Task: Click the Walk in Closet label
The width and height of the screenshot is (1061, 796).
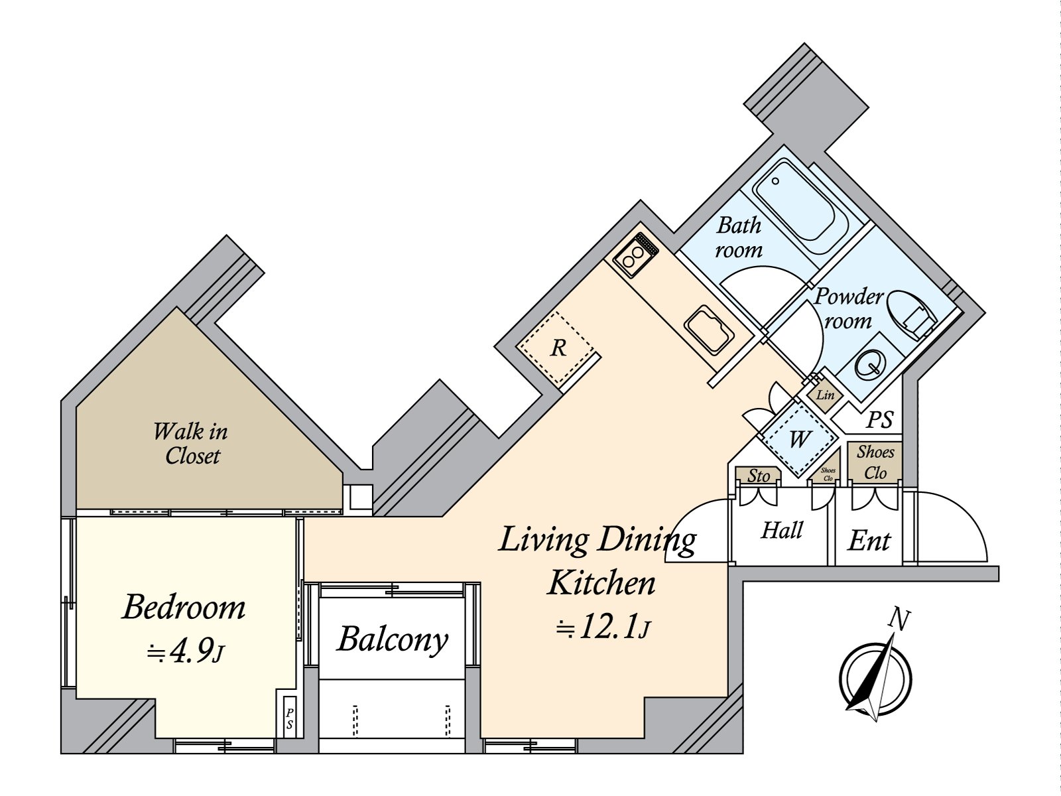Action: point(190,443)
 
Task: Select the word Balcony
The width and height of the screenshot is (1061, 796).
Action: point(393,640)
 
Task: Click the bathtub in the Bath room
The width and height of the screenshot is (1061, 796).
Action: point(800,206)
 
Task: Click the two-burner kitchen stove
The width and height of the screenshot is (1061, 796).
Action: point(636,254)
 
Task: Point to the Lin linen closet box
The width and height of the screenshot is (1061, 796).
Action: point(825,395)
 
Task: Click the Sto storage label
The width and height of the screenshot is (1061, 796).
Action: point(758,476)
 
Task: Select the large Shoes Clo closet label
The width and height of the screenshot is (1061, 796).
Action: point(875,462)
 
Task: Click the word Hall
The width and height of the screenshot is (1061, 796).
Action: point(782,530)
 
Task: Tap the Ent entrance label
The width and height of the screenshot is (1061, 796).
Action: point(869,541)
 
